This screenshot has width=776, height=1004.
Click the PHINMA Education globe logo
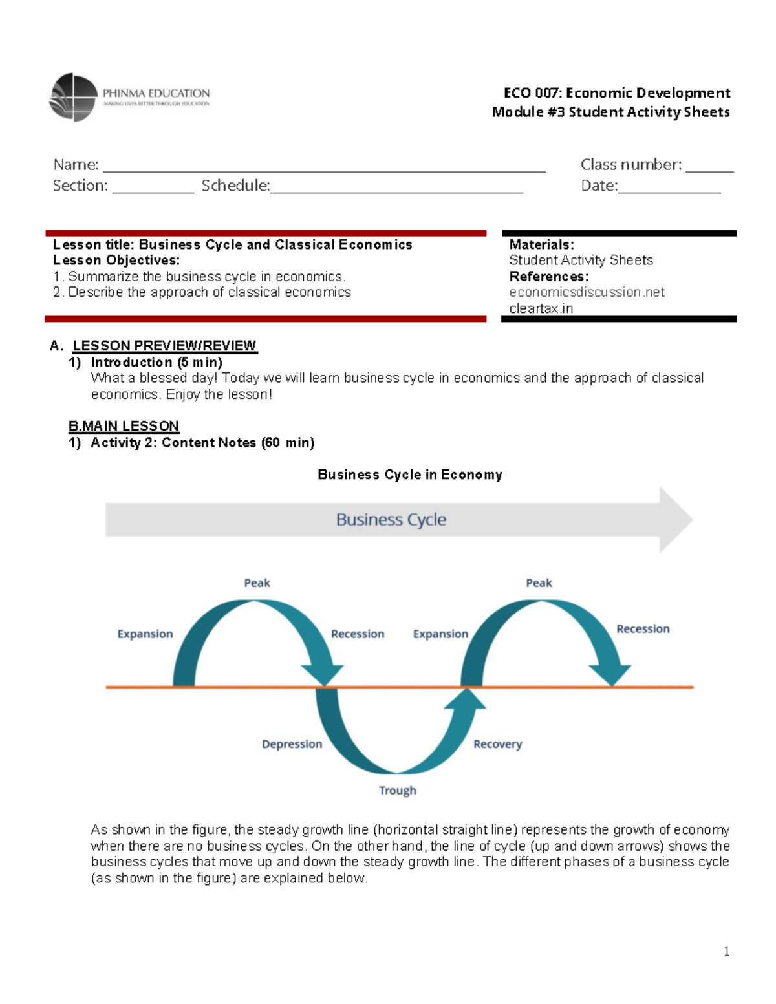[x=73, y=97]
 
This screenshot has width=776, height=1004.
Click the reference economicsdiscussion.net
[x=587, y=292]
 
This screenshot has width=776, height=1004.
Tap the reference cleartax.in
[x=541, y=308]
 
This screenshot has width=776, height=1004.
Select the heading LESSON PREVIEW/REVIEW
[x=164, y=346]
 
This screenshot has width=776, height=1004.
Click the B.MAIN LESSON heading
[x=124, y=426]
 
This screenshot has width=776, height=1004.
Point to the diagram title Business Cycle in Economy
[x=409, y=475]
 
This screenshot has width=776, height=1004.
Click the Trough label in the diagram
[x=397, y=790]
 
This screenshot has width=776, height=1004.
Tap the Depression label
[x=292, y=744]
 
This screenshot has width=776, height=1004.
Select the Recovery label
[x=497, y=744]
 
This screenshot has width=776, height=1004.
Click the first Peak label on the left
[x=257, y=582]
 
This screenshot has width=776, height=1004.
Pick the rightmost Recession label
[x=643, y=628]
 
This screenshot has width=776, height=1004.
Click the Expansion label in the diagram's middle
[x=440, y=634]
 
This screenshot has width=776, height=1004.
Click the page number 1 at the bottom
[x=727, y=951]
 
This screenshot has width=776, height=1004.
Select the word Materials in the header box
[x=541, y=244]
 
